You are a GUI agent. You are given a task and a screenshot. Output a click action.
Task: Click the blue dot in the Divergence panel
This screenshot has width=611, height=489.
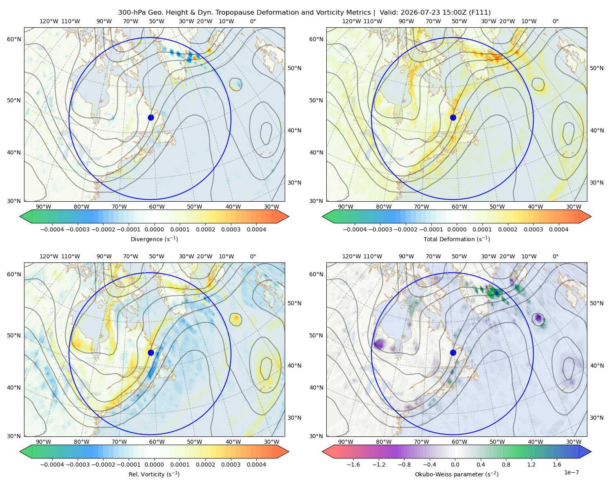point(151,118)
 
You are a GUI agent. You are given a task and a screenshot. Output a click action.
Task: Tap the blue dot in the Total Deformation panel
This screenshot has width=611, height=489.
point(453,118)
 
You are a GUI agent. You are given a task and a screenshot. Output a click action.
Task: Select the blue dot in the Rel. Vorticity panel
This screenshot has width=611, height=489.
point(151,352)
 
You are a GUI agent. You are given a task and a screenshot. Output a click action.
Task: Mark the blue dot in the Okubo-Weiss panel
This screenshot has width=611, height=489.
point(453,352)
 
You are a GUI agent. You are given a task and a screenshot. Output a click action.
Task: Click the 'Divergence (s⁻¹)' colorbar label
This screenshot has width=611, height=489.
point(154,239)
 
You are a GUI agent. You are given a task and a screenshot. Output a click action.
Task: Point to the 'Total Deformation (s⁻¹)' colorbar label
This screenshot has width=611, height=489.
point(457,239)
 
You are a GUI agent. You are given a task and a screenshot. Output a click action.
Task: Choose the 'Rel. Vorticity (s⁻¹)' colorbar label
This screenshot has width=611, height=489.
point(154,474)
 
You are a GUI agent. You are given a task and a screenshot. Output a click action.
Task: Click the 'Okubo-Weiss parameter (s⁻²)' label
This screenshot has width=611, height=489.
point(457,474)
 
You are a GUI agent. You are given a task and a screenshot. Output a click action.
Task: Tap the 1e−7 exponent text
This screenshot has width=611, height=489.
point(571,472)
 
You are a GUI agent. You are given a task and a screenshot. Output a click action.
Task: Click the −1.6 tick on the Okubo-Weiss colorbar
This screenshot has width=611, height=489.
point(354,465)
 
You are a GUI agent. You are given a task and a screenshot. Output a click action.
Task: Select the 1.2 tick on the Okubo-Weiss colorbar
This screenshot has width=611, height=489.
point(531,465)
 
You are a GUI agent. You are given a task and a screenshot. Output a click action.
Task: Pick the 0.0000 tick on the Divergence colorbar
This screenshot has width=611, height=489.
point(154,229)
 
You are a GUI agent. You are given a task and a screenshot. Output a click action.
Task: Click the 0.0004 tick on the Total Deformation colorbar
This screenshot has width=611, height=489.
point(559,229)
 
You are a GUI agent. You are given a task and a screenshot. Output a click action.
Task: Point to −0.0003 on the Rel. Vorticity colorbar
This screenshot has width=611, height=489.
point(78,465)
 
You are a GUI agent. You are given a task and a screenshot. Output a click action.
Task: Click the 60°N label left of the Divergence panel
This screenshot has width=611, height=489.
point(14,39)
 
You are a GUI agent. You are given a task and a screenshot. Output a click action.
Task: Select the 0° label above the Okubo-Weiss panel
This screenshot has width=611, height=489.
point(555,256)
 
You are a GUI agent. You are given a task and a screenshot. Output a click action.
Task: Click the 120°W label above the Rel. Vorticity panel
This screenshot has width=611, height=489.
point(49,256)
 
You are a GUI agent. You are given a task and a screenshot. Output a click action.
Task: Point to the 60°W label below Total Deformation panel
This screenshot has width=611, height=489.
point(459,207)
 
